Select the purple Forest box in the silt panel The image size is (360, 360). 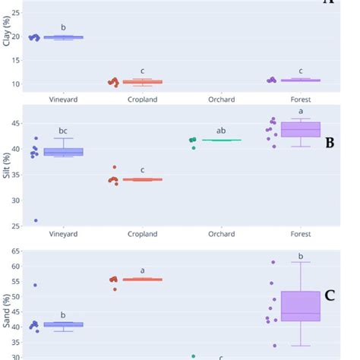301,130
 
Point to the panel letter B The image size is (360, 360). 330,142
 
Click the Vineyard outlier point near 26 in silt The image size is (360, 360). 36,221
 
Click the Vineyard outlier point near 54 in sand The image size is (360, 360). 36,286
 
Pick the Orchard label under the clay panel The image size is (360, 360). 221,98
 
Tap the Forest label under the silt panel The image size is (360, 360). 301,235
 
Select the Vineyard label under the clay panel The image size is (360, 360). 63,98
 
